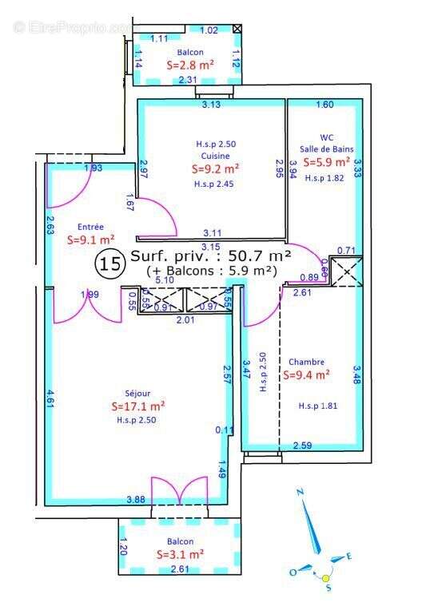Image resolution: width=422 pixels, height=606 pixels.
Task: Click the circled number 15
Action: (x=109, y=262)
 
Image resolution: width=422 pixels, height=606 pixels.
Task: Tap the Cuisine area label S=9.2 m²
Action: (x=216, y=169)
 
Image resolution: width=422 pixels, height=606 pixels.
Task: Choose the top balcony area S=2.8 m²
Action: (x=189, y=65)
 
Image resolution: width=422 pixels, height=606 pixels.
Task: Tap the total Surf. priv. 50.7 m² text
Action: (x=210, y=256)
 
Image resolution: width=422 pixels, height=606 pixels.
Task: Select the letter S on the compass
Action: (x=328, y=588)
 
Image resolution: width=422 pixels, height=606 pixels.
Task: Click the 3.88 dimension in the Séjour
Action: (x=136, y=500)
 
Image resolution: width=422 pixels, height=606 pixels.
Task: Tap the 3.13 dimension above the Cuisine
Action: (x=211, y=105)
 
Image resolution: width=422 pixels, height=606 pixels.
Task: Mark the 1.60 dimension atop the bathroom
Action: (x=324, y=105)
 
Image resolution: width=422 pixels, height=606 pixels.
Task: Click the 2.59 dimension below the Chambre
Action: (x=302, y=445)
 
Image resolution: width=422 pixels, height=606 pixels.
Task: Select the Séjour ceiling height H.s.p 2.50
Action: (x=137, y=419)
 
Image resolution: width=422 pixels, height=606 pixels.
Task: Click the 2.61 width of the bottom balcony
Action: (x=181, y=568)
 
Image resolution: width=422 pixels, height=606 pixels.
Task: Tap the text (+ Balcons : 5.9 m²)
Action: (x=211, y=271)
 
